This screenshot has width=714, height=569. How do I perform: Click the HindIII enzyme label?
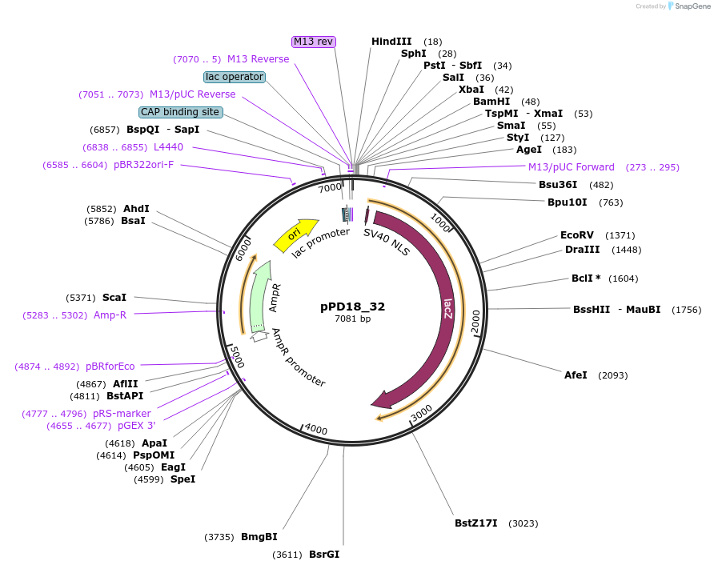click(x=391, y=41)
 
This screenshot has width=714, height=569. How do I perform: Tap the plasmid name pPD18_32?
click(x=352, y=307)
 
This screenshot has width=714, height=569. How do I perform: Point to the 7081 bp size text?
click(x=352, y=319)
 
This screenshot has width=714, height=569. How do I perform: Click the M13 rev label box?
click(x=314, y=41)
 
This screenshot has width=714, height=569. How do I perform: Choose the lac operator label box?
click(x=234, y=77)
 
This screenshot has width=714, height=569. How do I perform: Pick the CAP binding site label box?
click(x=180, y=112)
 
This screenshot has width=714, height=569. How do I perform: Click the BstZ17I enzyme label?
click(x=476, y=523)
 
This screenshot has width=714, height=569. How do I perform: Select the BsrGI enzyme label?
click(x=324, y=554)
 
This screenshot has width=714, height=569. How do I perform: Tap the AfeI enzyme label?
click(x=576, y=375)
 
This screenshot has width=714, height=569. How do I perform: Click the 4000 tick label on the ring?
click(x=316, y=430)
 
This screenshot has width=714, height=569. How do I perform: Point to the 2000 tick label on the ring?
click(x=475, y=320)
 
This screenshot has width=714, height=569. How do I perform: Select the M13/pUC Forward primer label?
click(x=572, y=167)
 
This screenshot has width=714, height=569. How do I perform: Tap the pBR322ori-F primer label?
click(x=143, y=165)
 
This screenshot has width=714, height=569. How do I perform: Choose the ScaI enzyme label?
click(x=114, y=297)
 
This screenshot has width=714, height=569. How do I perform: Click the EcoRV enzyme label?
click(x=576, y=235)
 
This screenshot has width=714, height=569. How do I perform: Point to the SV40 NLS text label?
click(x=387, y=242)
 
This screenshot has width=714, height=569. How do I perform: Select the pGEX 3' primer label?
click(x=136, y=426)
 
